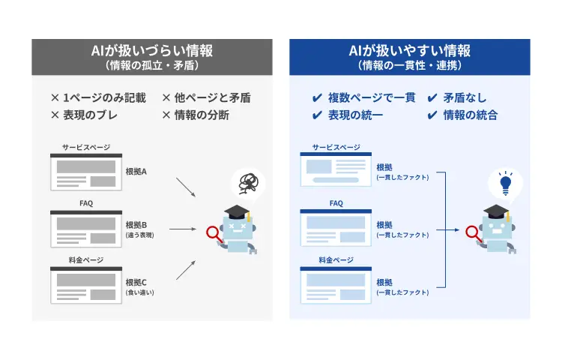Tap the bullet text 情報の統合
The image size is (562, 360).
coord(470,115)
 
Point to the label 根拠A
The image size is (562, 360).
coord(136,172)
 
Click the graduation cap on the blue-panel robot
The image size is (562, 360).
coord(496,211)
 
